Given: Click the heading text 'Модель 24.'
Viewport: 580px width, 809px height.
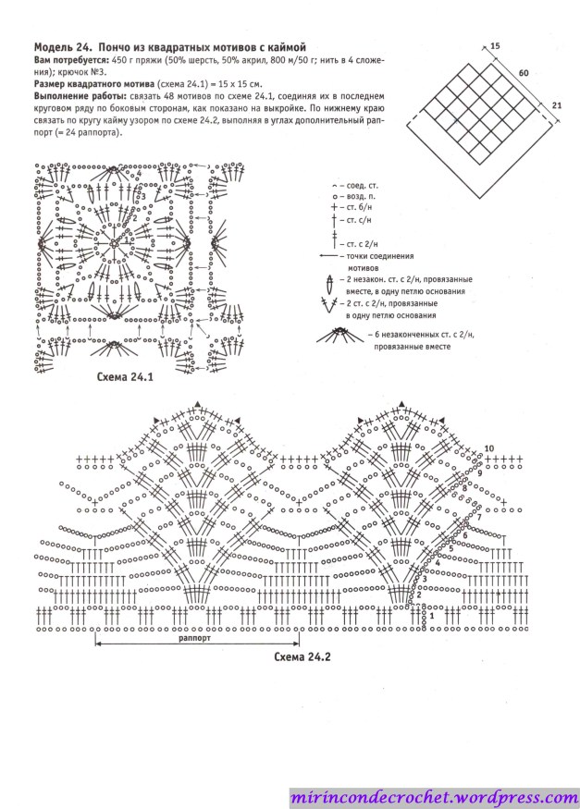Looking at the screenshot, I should (63, 46).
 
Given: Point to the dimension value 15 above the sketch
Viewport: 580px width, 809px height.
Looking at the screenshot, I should (495, 45).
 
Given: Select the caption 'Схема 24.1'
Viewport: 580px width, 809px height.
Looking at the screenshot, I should (124, 377).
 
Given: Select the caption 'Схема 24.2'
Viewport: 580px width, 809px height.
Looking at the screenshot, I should (302, 657).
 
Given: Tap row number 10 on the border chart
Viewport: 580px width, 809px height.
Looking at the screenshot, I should (488, 449).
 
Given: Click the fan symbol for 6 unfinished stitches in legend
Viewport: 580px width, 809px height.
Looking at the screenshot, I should (341, 337).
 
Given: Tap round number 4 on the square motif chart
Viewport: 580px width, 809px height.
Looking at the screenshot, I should (140, 173).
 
